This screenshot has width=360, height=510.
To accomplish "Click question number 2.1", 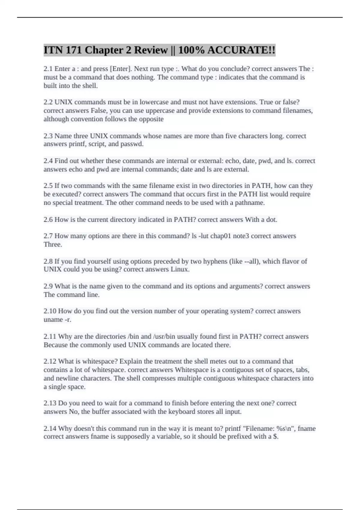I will [48, 69].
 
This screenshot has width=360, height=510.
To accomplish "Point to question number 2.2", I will [48, 102].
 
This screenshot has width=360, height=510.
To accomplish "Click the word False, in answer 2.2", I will [99, 111].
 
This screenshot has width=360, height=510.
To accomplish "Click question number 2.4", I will [48, 161].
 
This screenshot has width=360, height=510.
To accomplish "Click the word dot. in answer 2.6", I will [271, 220].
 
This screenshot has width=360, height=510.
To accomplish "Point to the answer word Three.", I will [53, 244].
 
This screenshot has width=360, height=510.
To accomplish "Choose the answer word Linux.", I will [180, 269].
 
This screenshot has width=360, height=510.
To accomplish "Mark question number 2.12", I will [50, 361].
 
